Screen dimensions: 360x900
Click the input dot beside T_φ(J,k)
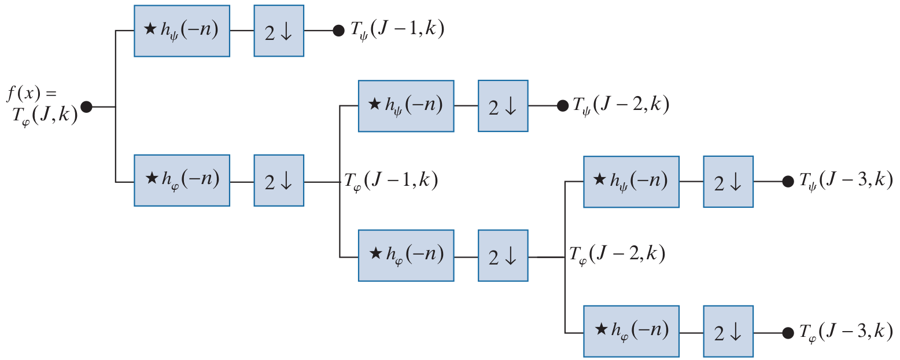[x=87, y=107]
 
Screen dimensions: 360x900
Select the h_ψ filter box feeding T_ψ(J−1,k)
[x=182, y=31]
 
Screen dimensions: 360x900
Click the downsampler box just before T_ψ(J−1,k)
[x=279, y=31]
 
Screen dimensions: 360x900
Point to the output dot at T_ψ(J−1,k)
[x=338, y=31]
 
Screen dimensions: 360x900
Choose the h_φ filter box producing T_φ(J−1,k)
[x=182, y=180]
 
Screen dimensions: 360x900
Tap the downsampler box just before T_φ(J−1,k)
[x=279, y=180]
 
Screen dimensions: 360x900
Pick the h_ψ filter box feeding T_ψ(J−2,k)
[x=406, y=106]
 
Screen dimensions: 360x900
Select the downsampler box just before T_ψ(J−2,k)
[x=503, y=106]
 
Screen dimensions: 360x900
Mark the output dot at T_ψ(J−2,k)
[x=562, y=106]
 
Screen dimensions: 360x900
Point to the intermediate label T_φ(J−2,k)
[x=617, y=254]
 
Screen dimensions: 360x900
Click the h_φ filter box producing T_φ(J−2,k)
[x=406, y=255]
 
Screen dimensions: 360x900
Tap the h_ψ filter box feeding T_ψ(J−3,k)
[x=631, y=182]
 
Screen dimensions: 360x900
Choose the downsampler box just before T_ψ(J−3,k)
[x=728, y=182]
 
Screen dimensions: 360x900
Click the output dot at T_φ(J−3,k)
[x=787, y=333]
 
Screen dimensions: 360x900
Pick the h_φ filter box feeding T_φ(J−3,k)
[x=631, y=332]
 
